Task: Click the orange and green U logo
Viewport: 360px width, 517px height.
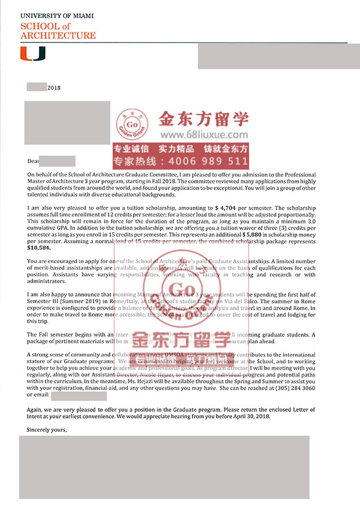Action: [33, 54]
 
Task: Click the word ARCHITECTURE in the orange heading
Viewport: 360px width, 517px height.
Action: [58, 35]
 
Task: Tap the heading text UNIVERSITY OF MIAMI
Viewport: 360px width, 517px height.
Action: [57, 16]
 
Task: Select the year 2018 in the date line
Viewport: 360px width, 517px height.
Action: [54, 88]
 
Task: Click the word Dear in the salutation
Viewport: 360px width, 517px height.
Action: [33, 161]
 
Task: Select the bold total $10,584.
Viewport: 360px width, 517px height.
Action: [38, 246]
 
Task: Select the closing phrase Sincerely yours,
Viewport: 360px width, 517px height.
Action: [47, 430]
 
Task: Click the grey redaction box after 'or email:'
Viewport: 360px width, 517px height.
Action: [79, 396]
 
